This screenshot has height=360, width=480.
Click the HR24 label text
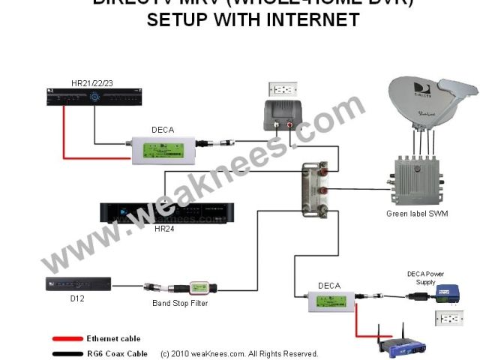pos(164,228)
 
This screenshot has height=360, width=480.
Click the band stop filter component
pos(184,287)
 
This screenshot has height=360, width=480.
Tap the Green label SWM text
pos(418,214)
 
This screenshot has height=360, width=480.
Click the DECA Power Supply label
pos(426,277)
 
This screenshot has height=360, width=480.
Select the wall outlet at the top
pos(283,89)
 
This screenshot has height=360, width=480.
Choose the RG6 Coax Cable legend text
pos(116,353)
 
